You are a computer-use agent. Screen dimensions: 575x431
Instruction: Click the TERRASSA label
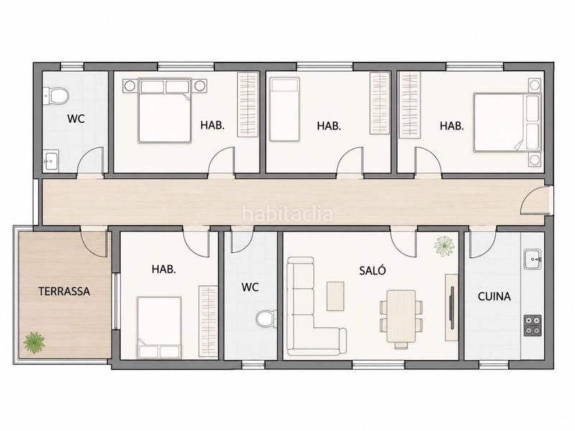(x=64, y=292)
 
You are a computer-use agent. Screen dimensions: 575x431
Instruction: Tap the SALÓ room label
(x=372, y=271)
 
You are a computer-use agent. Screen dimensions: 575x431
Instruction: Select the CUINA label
(x=494, y=296)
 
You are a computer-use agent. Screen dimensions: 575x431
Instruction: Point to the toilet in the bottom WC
(x=266, y=318)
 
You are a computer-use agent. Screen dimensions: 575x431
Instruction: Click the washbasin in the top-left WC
(x=50, y=160)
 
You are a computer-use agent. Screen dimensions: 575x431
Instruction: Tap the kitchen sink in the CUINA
(x=533, y=259)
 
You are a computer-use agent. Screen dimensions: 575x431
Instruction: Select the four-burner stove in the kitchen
(x=533, y=325)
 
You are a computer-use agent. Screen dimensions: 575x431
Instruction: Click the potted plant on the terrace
(x=34, y=343)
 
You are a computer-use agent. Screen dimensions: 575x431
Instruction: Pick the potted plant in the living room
(x=444, y=246)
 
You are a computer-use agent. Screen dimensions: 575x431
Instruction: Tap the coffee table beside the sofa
(x=335, y=296)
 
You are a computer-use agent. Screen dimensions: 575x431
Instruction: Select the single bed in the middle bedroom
(x=285, y=109)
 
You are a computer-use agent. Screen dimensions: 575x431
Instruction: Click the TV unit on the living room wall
(x=452, y=307)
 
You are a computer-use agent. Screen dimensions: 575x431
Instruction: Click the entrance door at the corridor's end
(x=535, y=200)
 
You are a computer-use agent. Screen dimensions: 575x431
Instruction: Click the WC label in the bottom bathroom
(x=250, y=287)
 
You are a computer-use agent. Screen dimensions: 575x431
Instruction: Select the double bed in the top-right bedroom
(x=507, y=122)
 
